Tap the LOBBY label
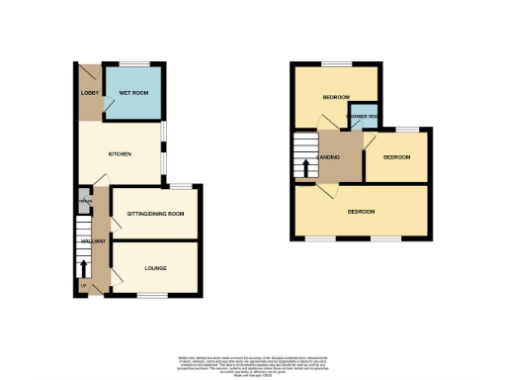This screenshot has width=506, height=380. tap(85, 95)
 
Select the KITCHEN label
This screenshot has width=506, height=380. tap(120, 154)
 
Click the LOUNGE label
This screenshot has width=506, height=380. tap(154, 268)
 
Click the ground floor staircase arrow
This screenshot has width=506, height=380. tap(83, 267)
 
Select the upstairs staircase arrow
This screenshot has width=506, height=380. tap(305, 167)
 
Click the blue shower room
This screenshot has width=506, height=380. tap(363, 116)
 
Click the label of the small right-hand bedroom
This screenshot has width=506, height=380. tap(396, 157)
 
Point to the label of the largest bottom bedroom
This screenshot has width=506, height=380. tap(361, 211)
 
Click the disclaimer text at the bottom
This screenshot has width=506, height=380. tap(253, 363)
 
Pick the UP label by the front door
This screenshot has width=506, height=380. tap(82, 286)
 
